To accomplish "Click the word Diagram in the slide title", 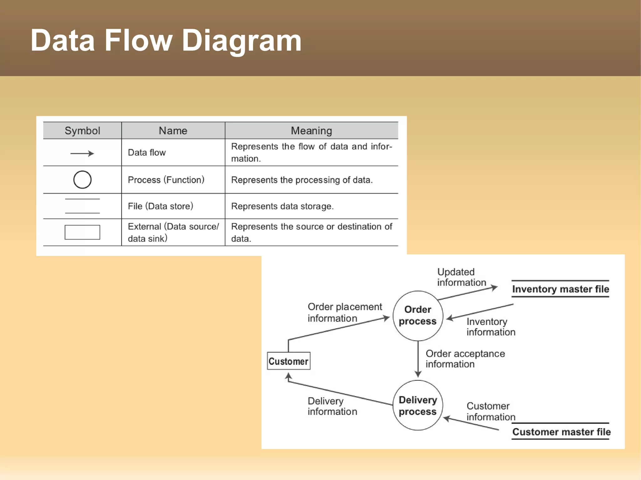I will pos(241,41).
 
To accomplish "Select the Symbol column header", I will pos(82,130).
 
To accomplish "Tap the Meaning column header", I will pos(311,130).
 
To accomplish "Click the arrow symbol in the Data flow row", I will pos(82,153).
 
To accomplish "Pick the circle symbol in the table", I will pos(82,179).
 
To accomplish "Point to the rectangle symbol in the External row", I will pos(82,232).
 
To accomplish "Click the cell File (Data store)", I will pos(160,206).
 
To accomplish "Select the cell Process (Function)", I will pos(166,180).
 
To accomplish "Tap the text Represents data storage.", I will pos(282,206).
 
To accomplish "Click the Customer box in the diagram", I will pos(288,361).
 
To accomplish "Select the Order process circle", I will pos(418,316).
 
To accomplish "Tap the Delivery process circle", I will pos(418,406).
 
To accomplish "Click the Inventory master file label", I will pos(560,289).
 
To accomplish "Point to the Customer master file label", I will pos(561,432).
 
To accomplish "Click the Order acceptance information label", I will pos(465,359).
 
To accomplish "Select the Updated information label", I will pos(461,277).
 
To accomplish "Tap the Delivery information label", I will pos(332,406).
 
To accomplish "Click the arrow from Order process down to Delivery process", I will pos(418,360).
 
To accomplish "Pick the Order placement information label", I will pos(344,312).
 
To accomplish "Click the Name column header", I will pos(173,130).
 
